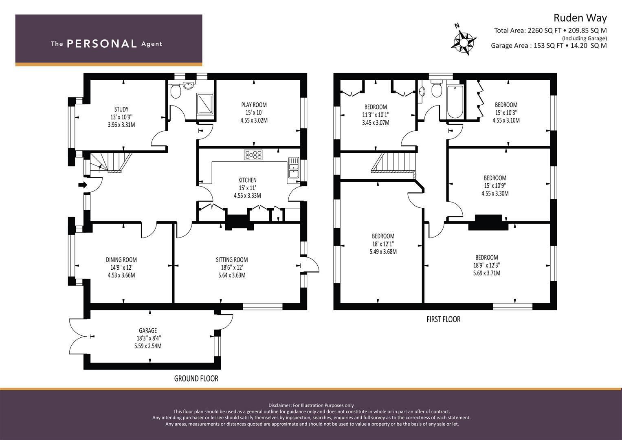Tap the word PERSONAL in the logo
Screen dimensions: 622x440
click(x=102, y=44)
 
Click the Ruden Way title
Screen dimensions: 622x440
click(x=580, y=18)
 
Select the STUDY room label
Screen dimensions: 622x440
click(x=121, y=109)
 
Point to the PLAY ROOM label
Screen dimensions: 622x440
click(x=254, y=105)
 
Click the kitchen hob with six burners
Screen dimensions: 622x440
click(x=253, y=155)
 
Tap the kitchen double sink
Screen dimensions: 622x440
click(x=293, y=167)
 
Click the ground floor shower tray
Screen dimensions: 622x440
click(x=205, y=104)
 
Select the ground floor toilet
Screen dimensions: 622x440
click(x=176, y=90)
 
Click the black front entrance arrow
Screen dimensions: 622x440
click(x=83, y=185)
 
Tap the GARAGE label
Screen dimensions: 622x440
click(x=148, y=330)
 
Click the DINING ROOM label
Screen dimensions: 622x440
click(x=121, y=260)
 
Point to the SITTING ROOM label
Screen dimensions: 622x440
click(x=232, y=260)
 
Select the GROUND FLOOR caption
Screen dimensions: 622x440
click(x=196, y=378)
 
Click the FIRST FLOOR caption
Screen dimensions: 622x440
click(x=444, y=319)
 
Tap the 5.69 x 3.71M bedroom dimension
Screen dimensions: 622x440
click(x=487, y=273)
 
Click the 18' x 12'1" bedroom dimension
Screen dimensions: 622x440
click(x=383, y=244)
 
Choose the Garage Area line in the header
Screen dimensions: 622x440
click(x=549, y=46)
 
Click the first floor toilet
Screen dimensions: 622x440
click(x=437, y=89)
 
